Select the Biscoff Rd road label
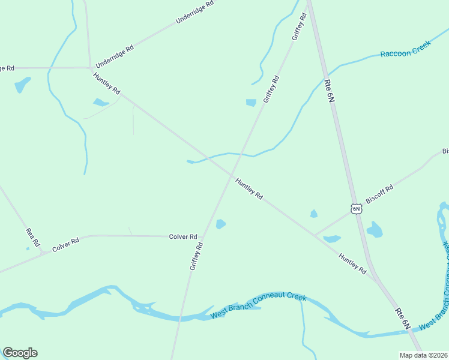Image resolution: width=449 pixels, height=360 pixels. point(379,196)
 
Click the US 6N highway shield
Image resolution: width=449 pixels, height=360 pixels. point(357,209)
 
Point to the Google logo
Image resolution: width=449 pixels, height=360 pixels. point(20,353)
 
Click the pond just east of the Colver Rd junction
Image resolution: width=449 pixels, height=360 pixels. point(220,224)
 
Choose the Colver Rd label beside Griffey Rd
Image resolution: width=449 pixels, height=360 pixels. point(183,236)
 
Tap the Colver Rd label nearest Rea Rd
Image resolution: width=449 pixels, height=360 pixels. point(65,245)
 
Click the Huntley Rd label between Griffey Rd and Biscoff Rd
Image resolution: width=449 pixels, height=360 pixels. point(249,188)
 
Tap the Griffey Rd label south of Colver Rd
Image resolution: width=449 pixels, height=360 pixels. point(196,256)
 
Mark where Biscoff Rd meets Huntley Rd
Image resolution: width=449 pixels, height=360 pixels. point(316,235)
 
